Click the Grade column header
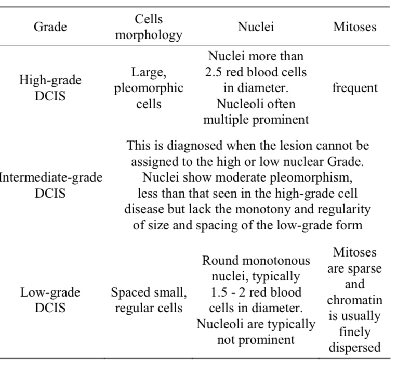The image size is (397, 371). point(50,27)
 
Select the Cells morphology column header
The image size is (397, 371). point(149,27)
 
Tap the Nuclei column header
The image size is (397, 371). point(256,27)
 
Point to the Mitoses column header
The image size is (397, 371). point(355,27)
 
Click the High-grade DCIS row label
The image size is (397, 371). point(50,88)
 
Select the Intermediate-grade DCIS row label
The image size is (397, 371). point(50,185)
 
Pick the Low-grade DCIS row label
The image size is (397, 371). point(50,300)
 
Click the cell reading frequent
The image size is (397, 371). point(355,88)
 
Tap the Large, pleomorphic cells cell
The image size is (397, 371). point(149,88)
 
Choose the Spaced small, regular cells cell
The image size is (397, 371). point(149,300)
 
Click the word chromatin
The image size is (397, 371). point(355,300)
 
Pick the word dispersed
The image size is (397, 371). point(355,348)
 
